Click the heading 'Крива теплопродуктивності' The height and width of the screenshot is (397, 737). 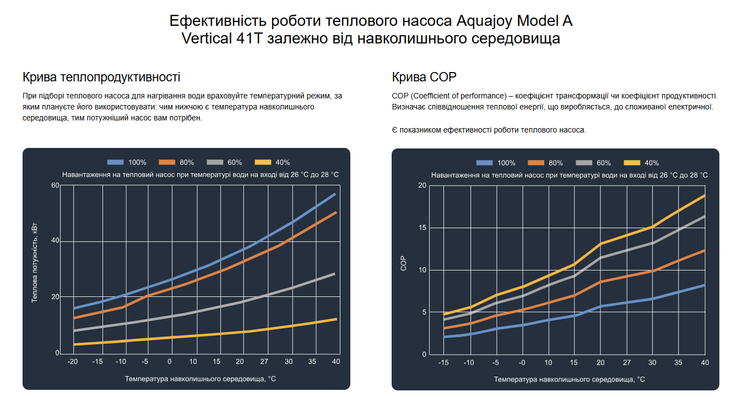tap(101, 77)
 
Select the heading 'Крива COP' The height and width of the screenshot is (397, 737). tap(424, 77)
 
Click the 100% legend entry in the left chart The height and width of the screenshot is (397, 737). tap(127, 162)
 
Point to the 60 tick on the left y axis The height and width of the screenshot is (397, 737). tap(55, 185)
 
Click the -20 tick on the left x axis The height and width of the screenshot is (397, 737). tap(72, 361)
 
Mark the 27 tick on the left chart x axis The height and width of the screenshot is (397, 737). tap(264, 361)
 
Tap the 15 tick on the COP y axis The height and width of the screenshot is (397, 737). tap(422, 228)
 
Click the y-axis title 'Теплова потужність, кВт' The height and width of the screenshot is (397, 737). tap(35, 263)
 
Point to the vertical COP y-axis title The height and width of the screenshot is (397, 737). tap(403, 264)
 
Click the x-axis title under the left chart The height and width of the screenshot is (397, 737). tap(200, 379)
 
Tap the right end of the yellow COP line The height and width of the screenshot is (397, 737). tap(705, 195)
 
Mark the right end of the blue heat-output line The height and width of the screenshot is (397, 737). tap(335, 194)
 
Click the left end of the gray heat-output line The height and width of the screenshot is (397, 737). tap(74, 330)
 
